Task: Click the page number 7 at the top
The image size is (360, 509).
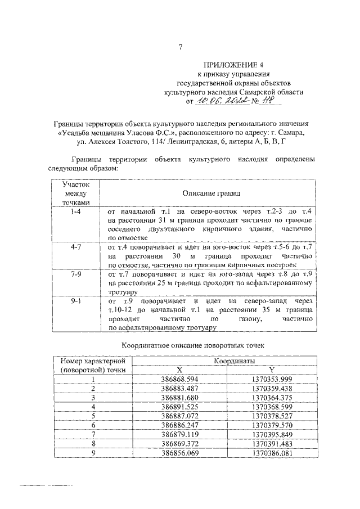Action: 180,48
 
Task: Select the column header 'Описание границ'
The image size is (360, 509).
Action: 206,193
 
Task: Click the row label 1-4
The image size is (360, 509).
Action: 76,211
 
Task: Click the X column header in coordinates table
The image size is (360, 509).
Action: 179,370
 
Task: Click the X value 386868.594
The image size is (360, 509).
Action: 179,379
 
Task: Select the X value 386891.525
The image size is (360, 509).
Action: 179,406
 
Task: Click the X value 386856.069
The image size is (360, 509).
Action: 179,452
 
